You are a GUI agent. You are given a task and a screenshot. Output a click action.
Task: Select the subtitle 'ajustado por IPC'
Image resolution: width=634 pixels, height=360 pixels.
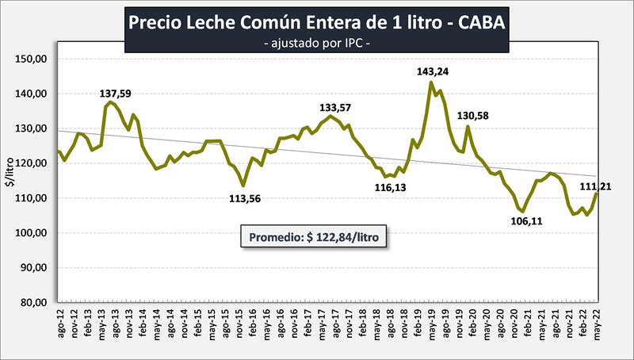[x=316, y=41]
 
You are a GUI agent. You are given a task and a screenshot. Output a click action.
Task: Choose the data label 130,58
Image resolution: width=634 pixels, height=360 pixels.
[x=473, y=116]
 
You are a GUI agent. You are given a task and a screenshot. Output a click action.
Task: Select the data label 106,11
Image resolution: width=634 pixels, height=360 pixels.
[x=525, y=221]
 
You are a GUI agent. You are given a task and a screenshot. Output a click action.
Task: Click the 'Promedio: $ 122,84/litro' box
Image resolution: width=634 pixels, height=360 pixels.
[x=314, y=238]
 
